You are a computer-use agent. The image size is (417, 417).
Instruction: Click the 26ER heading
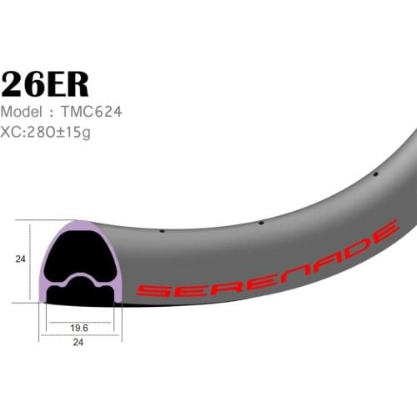coord(44,83)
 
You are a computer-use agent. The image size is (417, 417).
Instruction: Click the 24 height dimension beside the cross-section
coord(20,259)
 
